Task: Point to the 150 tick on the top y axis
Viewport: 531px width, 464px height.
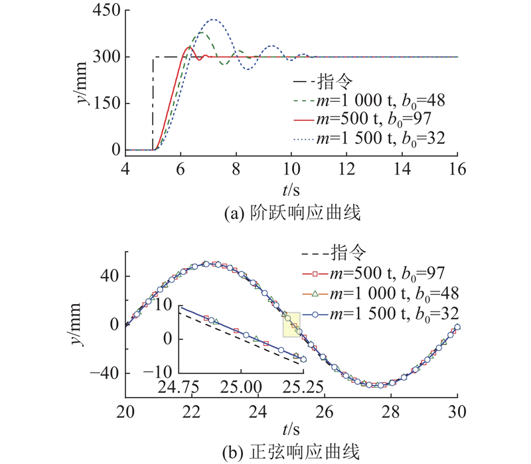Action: click(106, 104)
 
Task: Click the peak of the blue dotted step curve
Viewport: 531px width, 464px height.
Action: click(213, 20)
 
